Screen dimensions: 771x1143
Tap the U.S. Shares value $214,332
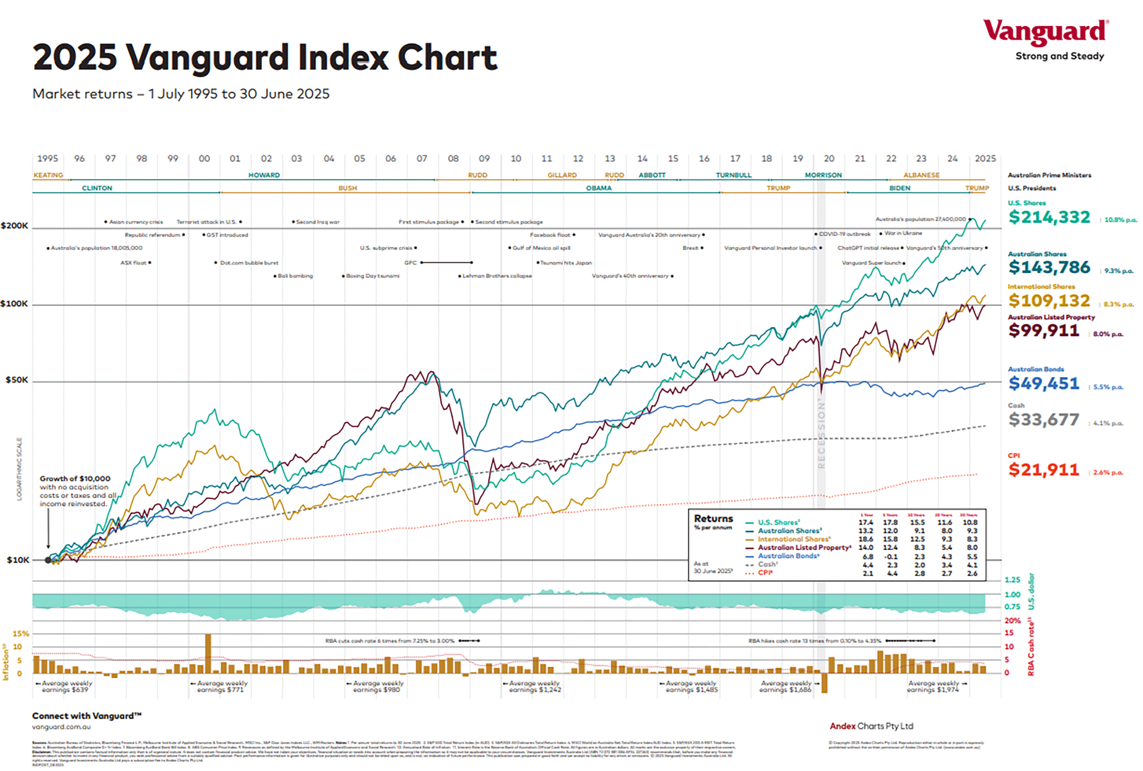(1049, 217)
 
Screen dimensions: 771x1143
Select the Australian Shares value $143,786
(1049, 267)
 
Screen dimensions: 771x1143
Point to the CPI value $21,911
(1043, 469)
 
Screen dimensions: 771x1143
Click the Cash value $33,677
(1043, 420)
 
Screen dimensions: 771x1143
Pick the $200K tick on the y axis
(15, 226)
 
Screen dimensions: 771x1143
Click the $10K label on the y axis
(18, 560)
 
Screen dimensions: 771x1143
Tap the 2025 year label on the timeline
(985, 158)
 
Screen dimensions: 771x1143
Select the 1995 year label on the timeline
(48, 158)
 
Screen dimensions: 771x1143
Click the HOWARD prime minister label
(264, 175)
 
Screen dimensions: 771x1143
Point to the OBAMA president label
(598, 188)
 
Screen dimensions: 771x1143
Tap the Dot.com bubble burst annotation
(249, 263)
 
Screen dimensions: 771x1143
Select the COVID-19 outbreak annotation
(844, 234)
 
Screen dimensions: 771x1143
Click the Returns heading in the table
(713, 519)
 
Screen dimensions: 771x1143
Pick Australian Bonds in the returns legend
(788, 556)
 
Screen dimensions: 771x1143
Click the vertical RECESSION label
(821, 433)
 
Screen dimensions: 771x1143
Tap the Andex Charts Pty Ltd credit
(871, 726)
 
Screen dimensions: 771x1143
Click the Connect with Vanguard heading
(86, 716)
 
